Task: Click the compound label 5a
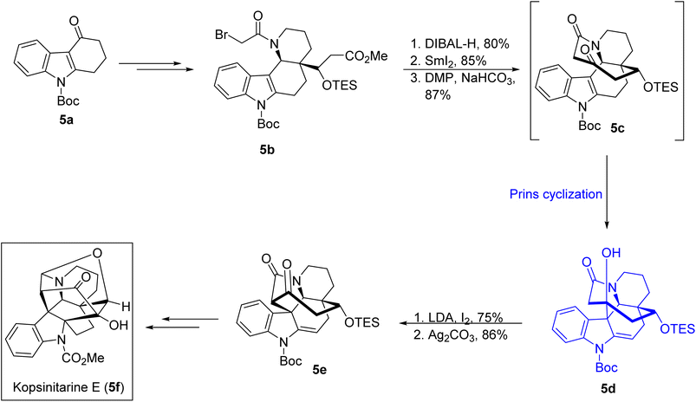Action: [x=67, y=120]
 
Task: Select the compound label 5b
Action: [x=267, y=150]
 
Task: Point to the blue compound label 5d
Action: [x=608, y=389]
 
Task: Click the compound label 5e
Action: [x=319, y=369]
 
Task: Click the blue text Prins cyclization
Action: [x=556, y=194]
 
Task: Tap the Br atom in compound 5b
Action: [x=222, y=34]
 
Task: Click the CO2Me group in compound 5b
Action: [x=367, y=57]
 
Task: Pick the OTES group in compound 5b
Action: [x=340, y=85]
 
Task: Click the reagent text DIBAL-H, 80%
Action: [x=463, y=44]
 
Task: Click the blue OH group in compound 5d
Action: [x=610, y=253]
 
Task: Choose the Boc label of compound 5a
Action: [x=68, y=100]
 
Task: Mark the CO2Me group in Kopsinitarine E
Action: [x=83, y=358]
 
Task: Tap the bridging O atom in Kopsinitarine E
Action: [x=98, y=253]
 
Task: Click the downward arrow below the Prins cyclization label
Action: [x=608, y=191]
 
